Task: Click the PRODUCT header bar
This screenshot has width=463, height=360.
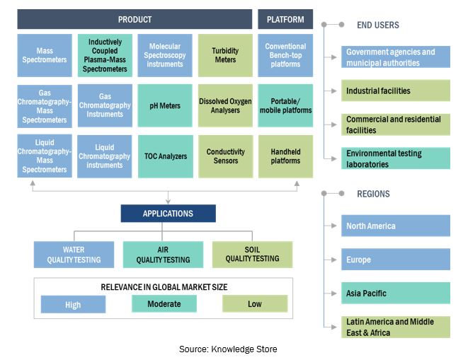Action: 135,19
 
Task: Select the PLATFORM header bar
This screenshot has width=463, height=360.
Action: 285,19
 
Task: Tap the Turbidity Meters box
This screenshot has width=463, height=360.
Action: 224,55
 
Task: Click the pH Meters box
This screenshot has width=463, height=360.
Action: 164,106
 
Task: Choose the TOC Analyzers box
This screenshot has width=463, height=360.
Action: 164,156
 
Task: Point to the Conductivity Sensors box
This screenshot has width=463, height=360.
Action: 224,156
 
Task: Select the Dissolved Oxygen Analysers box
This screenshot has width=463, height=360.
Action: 224,106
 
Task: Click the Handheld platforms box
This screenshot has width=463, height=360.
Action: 285,156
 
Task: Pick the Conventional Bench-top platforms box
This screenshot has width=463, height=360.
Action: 285,55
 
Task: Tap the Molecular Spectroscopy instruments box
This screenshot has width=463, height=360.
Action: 164,55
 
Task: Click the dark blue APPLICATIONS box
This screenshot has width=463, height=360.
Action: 168,213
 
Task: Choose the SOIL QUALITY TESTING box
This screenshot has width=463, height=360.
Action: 252,255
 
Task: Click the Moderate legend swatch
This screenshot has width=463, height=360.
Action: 164,304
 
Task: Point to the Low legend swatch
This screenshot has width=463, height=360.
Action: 255,304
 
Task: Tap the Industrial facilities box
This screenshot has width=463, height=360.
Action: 395,91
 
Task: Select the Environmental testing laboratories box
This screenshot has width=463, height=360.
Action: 395,158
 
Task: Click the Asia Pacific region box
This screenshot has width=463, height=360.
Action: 395,293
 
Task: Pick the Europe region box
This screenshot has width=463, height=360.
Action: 395,260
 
